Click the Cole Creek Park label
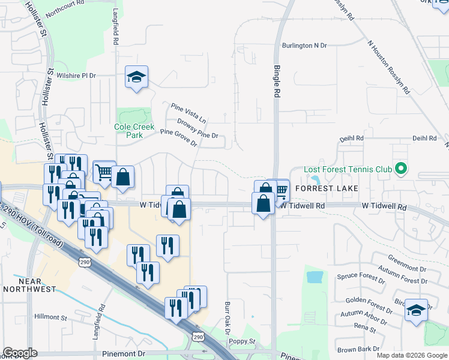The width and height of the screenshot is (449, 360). tap(134, 131)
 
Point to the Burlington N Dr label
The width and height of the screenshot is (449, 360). tap(306, 45)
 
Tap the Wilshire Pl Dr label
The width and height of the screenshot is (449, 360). tap(76, 76)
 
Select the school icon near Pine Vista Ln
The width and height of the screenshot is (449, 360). tap(137, 77)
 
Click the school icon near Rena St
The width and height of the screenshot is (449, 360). tap(416, 310)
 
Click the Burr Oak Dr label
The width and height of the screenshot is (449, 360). tap(228, 317)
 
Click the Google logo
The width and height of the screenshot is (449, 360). tap(20, 353)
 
